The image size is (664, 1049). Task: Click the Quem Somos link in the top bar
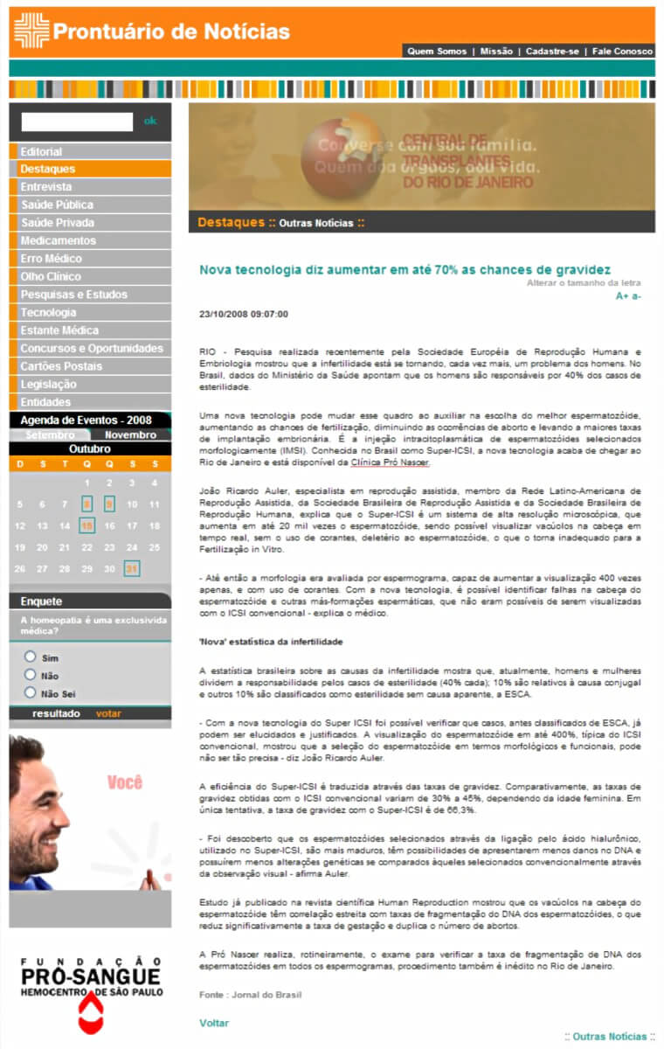pos(437,52)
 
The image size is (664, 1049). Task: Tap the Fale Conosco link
pos(622,52)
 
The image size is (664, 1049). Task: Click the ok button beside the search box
pos(150,122)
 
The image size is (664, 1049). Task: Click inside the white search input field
pos(77,122)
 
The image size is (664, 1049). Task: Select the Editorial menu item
pos(41,151)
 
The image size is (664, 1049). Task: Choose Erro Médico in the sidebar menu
pos(51,259)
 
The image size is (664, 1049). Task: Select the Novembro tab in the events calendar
pos(130,434)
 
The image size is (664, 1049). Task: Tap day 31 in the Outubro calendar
pos(132,568)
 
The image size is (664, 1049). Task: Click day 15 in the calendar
pos(86,525)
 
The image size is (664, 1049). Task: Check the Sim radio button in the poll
pos(31,656)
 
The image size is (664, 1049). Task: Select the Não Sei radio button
pos(31,692)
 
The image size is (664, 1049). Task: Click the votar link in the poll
pos(108,713)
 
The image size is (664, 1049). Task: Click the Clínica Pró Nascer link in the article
pos(390,462)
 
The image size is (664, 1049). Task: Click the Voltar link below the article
pos(214,1023)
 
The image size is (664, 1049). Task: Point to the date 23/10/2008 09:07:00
pos(244,314)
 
